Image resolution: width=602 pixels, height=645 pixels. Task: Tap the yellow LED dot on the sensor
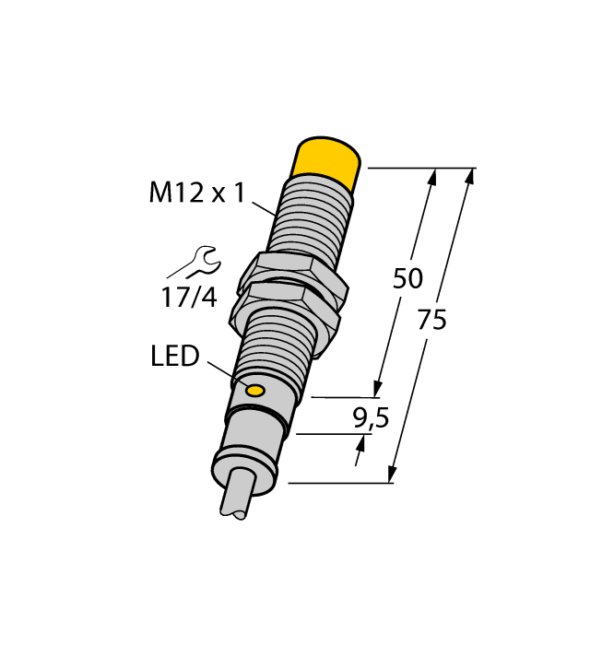[x=254, y=392]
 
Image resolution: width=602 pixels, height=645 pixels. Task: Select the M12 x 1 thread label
[x=197, y=193]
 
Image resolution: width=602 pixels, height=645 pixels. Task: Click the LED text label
[x=174, y=357]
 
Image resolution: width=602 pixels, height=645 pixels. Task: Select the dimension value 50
[x=407, y=278]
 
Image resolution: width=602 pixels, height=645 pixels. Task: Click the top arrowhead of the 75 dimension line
[x=471, y=175]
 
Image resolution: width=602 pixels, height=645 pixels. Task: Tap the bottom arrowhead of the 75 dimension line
[x=394, y=475]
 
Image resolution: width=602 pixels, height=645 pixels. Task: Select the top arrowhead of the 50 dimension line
[x=431, y=176]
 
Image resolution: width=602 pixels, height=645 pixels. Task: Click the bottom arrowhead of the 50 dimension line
[x=376, y=390]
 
